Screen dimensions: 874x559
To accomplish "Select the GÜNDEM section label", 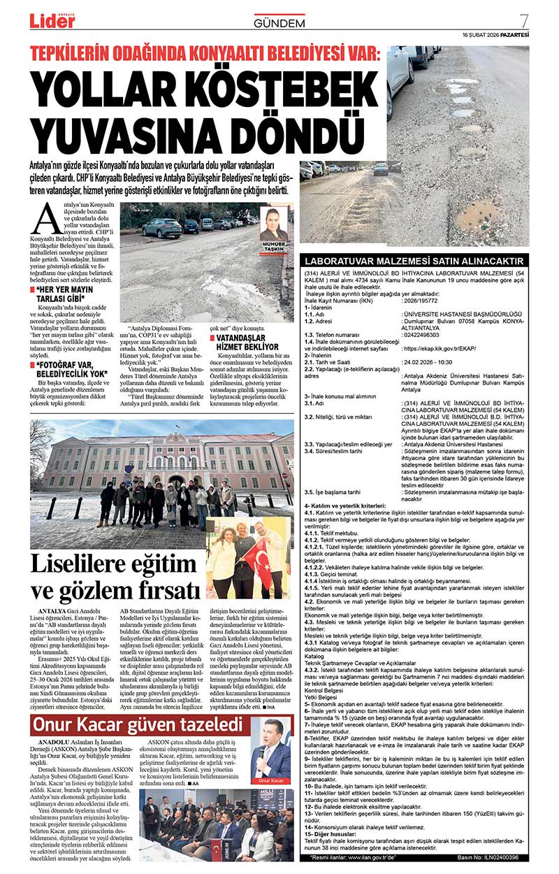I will tap(279, 23).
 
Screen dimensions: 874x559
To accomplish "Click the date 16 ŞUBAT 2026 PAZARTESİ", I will tap(495, 35).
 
